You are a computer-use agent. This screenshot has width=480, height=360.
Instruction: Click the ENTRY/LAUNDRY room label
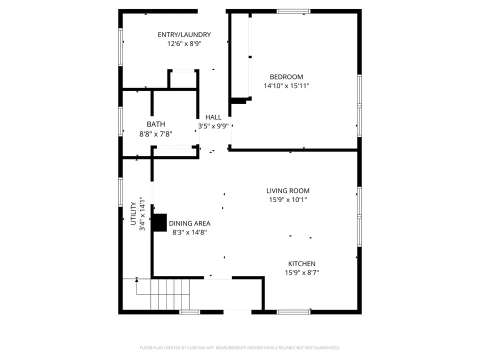(x=184, y=35)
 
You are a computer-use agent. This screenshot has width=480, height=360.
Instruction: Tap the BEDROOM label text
(x=286, y=77)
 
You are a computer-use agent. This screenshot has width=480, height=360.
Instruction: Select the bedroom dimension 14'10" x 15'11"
(x=286, y=86)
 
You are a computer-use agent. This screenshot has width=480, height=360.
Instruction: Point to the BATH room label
(x=156, y=124)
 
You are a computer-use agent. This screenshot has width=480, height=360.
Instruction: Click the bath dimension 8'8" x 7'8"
(x=156, y=134)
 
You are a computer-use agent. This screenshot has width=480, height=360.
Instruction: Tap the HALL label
(x=213, y=117)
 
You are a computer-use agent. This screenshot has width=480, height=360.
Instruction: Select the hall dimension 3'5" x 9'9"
(x=213, y=126)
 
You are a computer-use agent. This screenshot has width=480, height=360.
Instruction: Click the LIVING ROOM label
(x=288, y=191)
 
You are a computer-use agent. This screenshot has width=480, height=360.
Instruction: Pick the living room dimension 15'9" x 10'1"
(x=288, y=200)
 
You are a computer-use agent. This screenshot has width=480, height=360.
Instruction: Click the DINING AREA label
(x=190, y=223)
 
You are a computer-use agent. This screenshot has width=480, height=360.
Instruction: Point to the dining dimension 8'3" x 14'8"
(x=190, y=232)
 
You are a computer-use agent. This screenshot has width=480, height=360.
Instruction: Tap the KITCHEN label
(x=302, y=264)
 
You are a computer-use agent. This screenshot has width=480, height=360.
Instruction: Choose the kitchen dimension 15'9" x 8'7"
(x=302, y=273)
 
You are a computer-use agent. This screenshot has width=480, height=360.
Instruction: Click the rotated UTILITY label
(x=133, y=213)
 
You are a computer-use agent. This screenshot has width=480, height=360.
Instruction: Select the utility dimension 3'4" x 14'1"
(x=142, y=213)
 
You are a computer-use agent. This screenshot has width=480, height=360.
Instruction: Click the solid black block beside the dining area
(x=159, y=222)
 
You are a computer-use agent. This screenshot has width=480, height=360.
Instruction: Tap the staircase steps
(x=170, y=294)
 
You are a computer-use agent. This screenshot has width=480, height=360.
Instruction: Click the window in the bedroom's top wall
(x=293, y=11)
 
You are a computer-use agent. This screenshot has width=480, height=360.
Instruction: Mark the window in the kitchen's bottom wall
(x=293, y=312)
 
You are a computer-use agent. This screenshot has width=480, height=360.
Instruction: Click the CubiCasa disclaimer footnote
(x=239, y=348)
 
